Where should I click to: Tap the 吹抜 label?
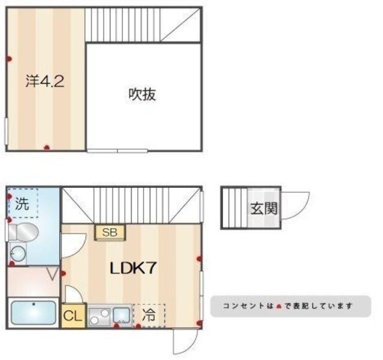coord(142,94)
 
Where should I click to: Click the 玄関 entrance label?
coord(263,209)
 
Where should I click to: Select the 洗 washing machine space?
coord(22,203)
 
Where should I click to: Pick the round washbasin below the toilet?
coord(17,255)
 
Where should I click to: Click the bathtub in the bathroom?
coord(34,313)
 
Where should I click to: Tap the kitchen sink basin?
coord(122,315)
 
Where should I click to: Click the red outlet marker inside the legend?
coord(279,306)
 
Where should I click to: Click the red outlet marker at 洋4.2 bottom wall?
coord(47,148)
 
